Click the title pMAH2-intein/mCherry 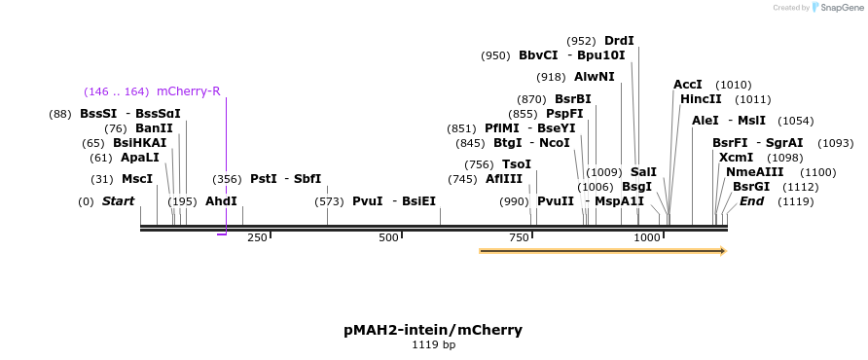[433, 330]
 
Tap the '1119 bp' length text [433, 344]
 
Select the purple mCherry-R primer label [188, 91]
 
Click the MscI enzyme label [137, 179]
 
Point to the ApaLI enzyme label [140, 158]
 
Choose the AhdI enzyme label [221, 201]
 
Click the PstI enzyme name [264, 179]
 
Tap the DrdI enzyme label [619, 41]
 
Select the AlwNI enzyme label [595, 77]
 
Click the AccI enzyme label [688, 85]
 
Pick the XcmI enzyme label [736, 158]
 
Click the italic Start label [118, 201]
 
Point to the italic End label [751, 201]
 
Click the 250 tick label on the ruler [257, 237]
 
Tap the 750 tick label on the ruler [519, 237]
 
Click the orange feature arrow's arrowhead [722, 251]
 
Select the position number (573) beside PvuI [329, 201]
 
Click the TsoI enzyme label [517, 164]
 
